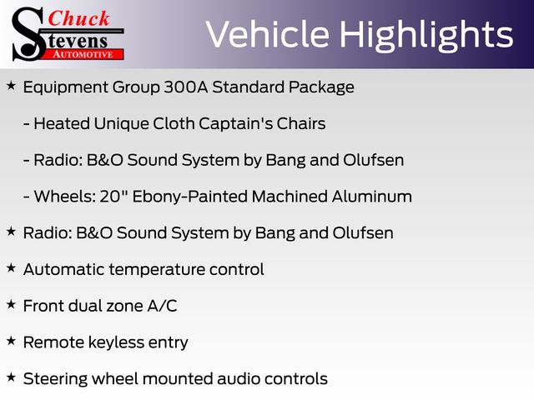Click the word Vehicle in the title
click(x=267, y=34)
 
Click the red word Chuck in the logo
click(x=78, y=18)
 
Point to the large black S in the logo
click(x=28, y=34)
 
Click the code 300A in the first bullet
click(x=186, y=87)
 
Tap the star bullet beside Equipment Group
click(x=11, y=86)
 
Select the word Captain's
click(x=236, y=123)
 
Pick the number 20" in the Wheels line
click(x=113, y=197)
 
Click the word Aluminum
click(x=372, y=197)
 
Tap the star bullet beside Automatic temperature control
click(x=11, y=268)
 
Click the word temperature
click(x=157, y=270)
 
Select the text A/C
click(x=162, y=306)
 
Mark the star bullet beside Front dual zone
click(x=11, y=304)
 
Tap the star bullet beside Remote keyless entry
click(x=11, y=341)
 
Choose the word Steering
click(x=56, y=379)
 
